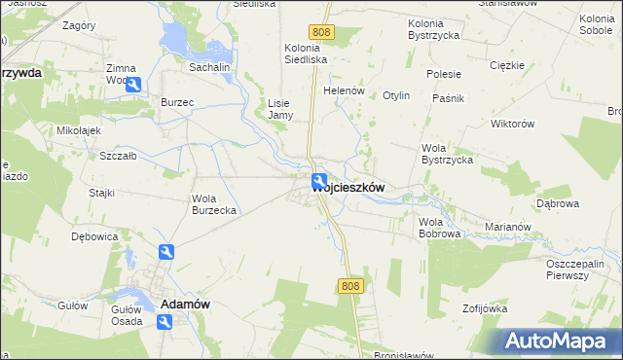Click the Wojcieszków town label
click(x=355, y=189)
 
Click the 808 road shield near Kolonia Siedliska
click(x=324, y=33)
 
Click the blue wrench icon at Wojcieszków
click(x=319, y=181)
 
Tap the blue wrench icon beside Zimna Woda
click(x=134, y=85)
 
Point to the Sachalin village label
click(x=208, y=68)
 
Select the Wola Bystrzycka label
click(x=447, y=154)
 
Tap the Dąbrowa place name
click(x=558, y=203)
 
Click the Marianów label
click(x=506, y=228)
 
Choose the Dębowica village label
click(x=94, y=236)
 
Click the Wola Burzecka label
click(x=214, y=204)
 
